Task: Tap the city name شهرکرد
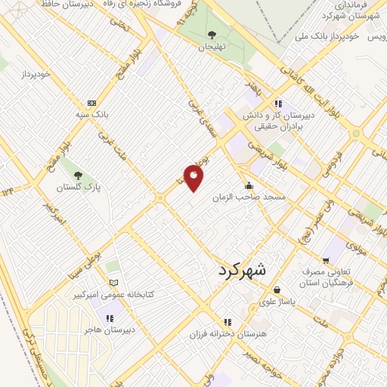pyautogui.click(x=243, y=270)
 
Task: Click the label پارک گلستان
pyautogui.click(x=82, y=185)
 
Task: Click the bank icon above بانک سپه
pyautogui.click(x=91, y=103)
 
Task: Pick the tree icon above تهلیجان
pyautogui.click(x=212, y=34)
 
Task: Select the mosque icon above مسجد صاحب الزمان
pyautogui.click(x=248, y=186)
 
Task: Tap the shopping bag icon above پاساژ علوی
pyautogui.click(x=277, y=289)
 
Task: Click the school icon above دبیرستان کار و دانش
pyautogui.click(x=278, y=104)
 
